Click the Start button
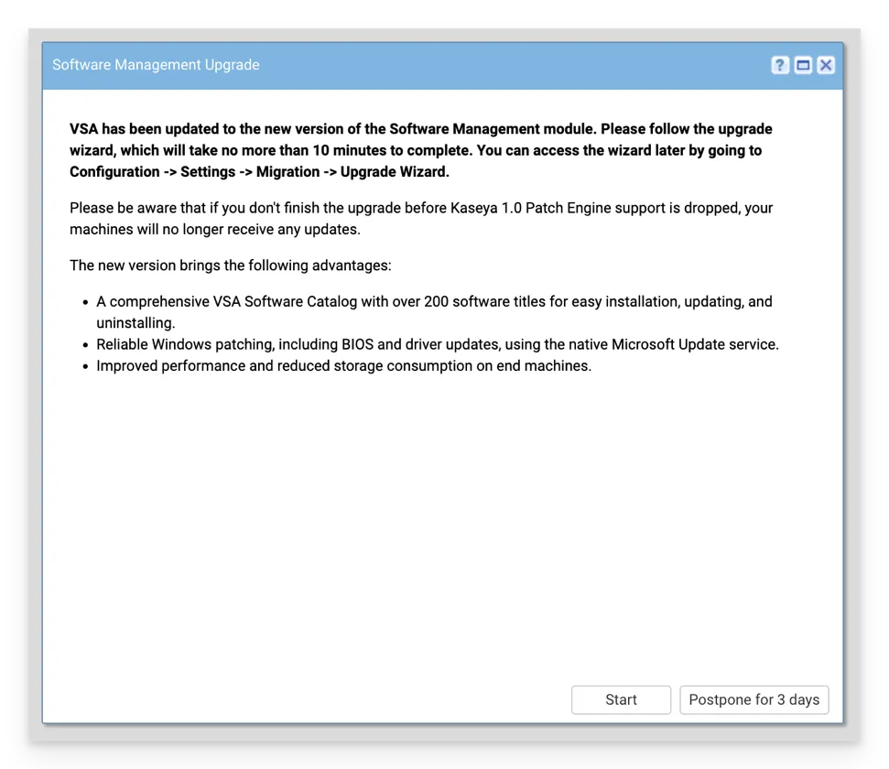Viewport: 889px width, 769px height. coord(621,699)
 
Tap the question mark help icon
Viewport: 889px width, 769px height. coord(780,65)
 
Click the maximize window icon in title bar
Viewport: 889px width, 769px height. coord(803,65)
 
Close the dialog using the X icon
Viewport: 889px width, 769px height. coord(826,65)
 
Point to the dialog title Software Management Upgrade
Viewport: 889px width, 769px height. coord(156,65)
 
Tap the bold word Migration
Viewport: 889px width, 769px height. coord(284,172)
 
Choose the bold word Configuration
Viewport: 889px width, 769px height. coord(114,172)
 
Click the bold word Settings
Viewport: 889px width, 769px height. coord(208,172)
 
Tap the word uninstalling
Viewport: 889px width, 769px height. coord(136,323)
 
